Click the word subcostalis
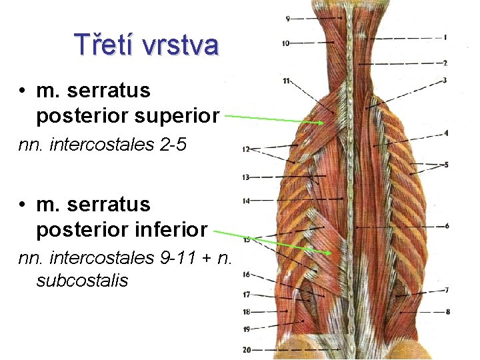[82, 280]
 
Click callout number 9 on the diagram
[287, 19]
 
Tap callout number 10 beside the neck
[286, 43]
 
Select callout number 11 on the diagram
[286, 81]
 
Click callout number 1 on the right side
[445, 38]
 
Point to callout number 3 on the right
[445, 81]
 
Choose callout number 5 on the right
[446, 164]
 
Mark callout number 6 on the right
[446, 226]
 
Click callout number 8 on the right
[447, 311]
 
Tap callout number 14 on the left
[246, 200]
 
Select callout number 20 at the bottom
[247, 349]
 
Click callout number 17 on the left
[246, 294]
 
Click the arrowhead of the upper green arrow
[323, 123]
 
